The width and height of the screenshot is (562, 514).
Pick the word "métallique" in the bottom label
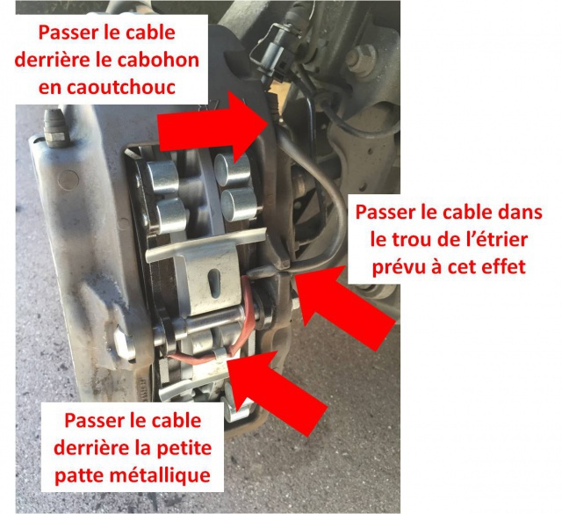160,475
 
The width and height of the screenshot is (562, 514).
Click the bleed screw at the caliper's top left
56,128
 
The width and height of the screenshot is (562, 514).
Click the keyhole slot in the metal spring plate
214,284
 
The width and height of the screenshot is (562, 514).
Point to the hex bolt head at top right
361,59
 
